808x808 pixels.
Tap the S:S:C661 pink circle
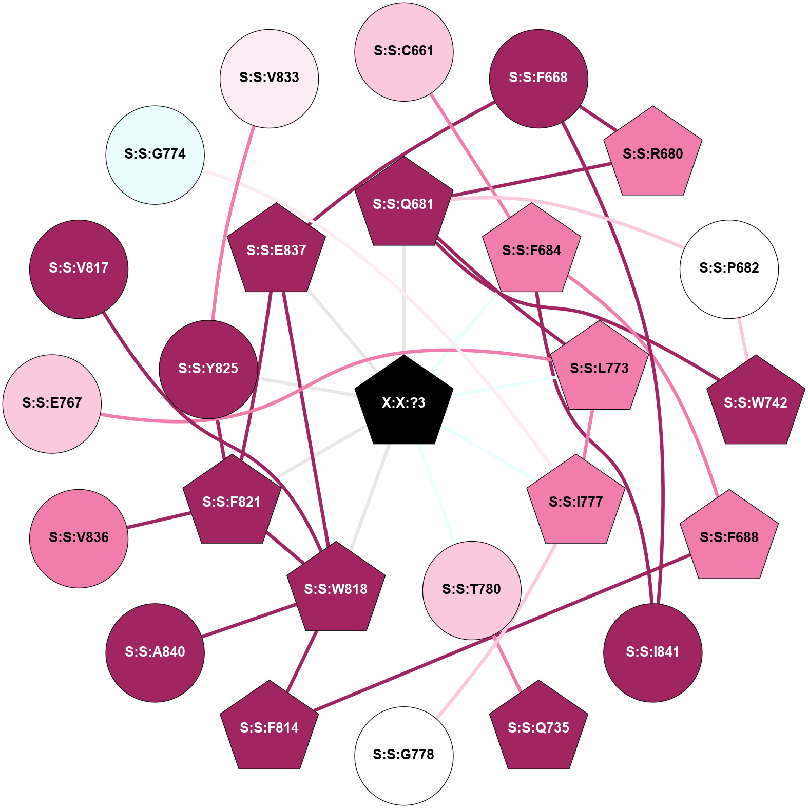coord(404,52)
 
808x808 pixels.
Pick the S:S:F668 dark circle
coord(538,79)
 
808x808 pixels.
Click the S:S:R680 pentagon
coord(652,154)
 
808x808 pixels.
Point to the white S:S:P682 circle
coord(729,269)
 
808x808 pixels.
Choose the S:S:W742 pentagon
coord(755,403)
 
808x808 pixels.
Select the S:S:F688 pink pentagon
coord(729,537)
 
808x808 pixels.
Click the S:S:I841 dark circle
coord(652,652)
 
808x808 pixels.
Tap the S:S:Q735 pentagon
coord(538,728)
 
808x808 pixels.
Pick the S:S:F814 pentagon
coord(270,728)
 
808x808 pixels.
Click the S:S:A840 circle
coord(155,652)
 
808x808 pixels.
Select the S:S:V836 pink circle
coord(79,538)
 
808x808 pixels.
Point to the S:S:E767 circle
coord(52,403)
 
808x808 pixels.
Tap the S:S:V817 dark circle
coord(79,269)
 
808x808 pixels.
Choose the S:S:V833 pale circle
coord(270,79)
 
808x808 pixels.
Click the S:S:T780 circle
coord(472,590)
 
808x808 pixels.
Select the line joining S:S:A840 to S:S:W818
coord(248,621)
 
